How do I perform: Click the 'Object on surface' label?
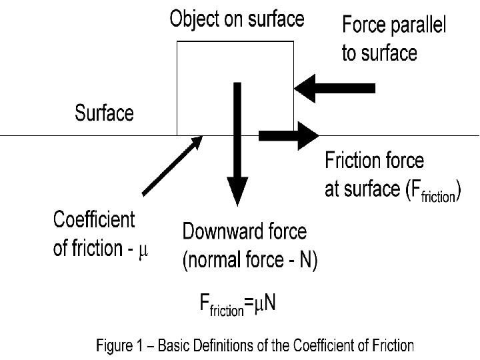coord(237,19)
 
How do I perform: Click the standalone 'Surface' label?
coord(104,113)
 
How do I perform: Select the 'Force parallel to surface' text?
coord(394,39)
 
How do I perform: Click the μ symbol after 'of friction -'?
coord(143,251)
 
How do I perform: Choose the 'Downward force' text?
coord(245,232)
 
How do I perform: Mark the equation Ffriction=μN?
coord(239,305)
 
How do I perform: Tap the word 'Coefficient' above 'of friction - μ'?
coord(93,219)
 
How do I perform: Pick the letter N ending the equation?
coord(270,303)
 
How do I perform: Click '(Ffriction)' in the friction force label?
coord(434,192)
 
